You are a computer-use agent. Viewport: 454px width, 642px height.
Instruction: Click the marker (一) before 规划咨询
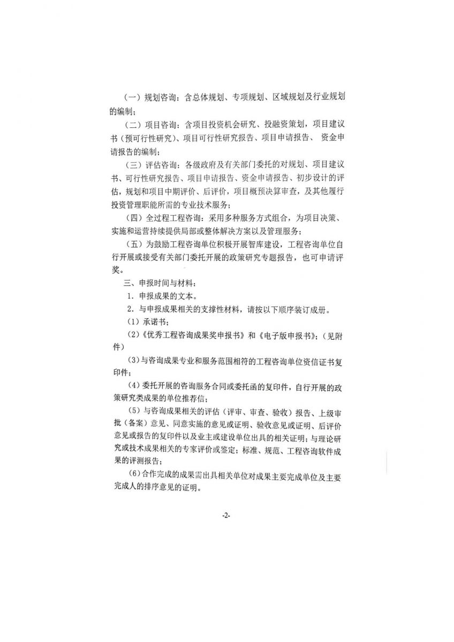click(133, 98)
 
